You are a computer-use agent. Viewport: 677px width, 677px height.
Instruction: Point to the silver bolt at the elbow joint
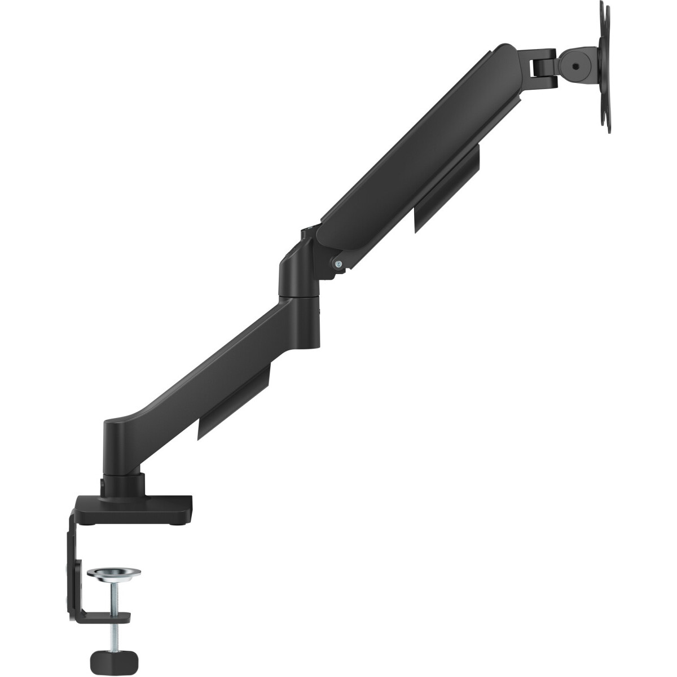click(338, 263)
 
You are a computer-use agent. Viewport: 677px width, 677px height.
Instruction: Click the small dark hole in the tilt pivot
click(575, 67)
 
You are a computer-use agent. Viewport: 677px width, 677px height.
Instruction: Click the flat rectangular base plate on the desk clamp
click(135, 508)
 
